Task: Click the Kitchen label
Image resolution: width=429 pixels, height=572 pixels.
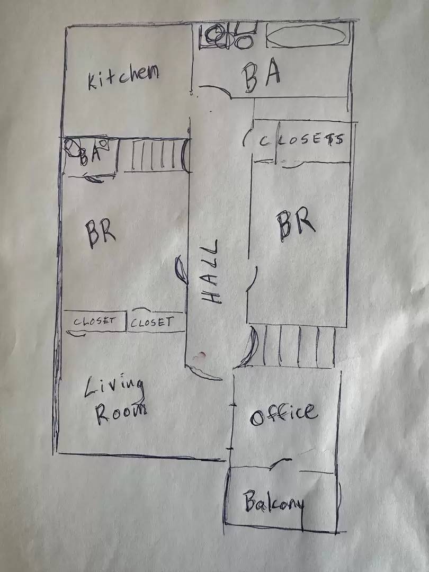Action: coord(123,76)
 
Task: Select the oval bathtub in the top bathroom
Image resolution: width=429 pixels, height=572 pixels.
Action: coord(307,37)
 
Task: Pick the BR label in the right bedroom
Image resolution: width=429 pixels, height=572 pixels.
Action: coord(295,222)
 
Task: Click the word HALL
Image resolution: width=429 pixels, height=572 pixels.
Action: coord(210,271)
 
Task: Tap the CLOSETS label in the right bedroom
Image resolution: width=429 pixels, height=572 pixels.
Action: coord(302,140)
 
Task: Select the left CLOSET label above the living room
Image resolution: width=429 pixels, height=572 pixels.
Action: coord(94,321)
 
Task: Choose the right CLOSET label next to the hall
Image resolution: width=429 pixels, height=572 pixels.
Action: coord(152,322)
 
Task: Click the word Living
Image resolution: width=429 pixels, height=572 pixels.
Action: coord(114,387)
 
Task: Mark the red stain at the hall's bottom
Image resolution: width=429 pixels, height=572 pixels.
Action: coord(199,356)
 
